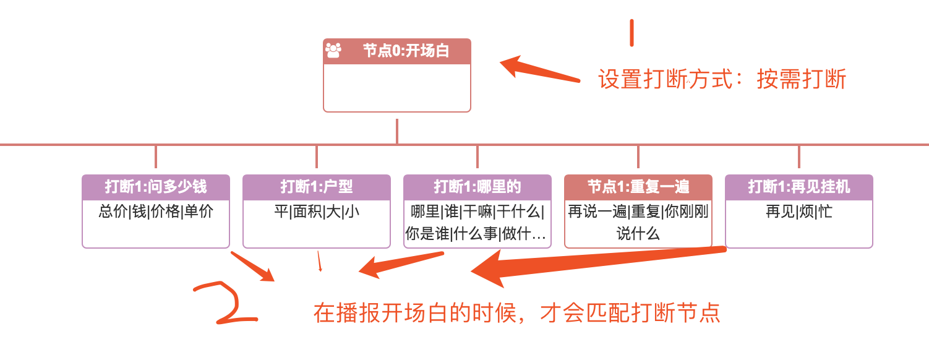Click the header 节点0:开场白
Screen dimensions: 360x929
(x=405, y=51)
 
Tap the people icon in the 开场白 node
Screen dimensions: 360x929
(x=333, y=50)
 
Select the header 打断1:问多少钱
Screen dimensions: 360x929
(x=155, y=187)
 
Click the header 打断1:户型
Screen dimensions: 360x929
(x=316, y=187)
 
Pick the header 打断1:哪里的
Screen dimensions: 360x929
(x=477, y=187)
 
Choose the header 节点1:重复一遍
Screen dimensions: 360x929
(x=638, y=187)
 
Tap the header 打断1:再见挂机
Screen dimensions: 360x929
(x=798, y=187)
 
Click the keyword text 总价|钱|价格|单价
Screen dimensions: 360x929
(x=156, y=212)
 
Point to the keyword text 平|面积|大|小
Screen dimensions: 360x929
(x=316, y=212)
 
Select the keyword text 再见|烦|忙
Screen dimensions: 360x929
(x=798, y=212)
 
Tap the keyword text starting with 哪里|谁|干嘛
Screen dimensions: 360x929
(x=477, y=223)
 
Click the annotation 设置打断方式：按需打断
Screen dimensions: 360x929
(x=722, y=80)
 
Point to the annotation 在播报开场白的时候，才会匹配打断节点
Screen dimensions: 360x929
(x=516, y=312)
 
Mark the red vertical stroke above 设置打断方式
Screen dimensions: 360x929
(x=631, y=33)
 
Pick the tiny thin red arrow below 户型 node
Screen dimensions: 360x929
(x=319, y=262)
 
